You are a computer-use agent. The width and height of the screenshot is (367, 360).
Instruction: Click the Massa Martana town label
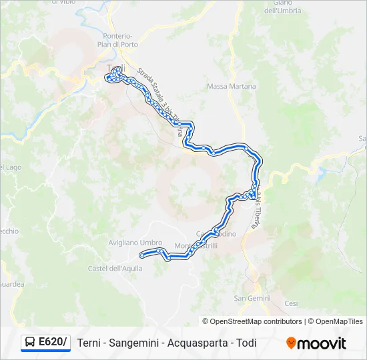click(227, 87)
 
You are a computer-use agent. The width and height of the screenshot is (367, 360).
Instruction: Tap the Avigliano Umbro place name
click(135, 243)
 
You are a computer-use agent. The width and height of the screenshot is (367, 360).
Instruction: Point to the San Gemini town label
click(252, 298)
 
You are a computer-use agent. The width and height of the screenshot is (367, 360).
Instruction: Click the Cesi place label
click(291, 303)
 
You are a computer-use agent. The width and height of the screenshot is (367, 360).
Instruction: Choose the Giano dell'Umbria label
click(283, 7)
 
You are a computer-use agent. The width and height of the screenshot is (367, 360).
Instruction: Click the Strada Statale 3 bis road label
click(160, 100)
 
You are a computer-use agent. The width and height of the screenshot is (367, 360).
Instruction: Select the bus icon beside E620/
click(30, 343)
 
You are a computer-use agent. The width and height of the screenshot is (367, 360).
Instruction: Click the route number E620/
click(53, 343)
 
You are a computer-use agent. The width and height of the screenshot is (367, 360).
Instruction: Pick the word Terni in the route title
click(90, 343)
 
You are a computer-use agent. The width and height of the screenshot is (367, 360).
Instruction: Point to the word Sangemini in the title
click(137, 343)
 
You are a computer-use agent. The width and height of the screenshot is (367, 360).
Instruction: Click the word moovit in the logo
click(322, 343)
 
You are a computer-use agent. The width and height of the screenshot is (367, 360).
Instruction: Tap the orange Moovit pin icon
click(291, 343)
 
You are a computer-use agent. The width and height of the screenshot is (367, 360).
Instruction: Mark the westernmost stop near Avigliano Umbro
click(141, 255)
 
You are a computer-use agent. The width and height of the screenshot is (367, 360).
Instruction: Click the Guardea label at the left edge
click(12, 284)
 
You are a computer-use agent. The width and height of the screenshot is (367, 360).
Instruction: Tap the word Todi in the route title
click(245, 343)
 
